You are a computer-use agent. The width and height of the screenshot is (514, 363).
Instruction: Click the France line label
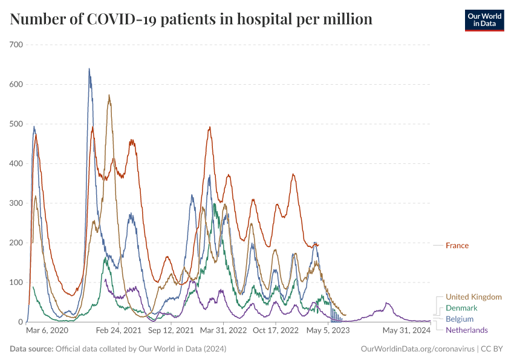[457, 246]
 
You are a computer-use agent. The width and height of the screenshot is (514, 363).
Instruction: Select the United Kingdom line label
[473, 297]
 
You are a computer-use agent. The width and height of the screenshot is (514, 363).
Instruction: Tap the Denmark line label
[461, 308]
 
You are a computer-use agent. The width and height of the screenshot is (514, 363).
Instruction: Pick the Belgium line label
[460, 319]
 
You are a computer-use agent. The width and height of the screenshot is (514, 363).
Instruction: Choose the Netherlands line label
[466, 330]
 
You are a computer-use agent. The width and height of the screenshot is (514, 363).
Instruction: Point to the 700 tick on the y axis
[16, 45]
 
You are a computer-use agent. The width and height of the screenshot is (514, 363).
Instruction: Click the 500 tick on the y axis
[16, 124]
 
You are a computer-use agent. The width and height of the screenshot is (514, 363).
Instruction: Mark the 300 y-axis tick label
[16, 203]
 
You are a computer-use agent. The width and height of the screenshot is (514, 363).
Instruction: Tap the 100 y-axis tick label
[16, 283]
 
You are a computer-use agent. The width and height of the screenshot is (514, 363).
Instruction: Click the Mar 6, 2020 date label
[47, 331]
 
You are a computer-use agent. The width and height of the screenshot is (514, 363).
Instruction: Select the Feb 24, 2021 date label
[119, 331]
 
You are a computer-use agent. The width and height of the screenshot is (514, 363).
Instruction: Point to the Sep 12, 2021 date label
[171, 331]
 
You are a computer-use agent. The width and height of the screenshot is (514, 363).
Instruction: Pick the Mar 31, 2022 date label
[224, 331]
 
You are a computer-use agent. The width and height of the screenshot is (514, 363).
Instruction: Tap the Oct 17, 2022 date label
[276, 331]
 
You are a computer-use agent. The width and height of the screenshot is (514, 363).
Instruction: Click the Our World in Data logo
[484, 20]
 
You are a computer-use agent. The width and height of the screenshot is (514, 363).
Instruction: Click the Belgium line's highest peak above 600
[89, 69]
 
